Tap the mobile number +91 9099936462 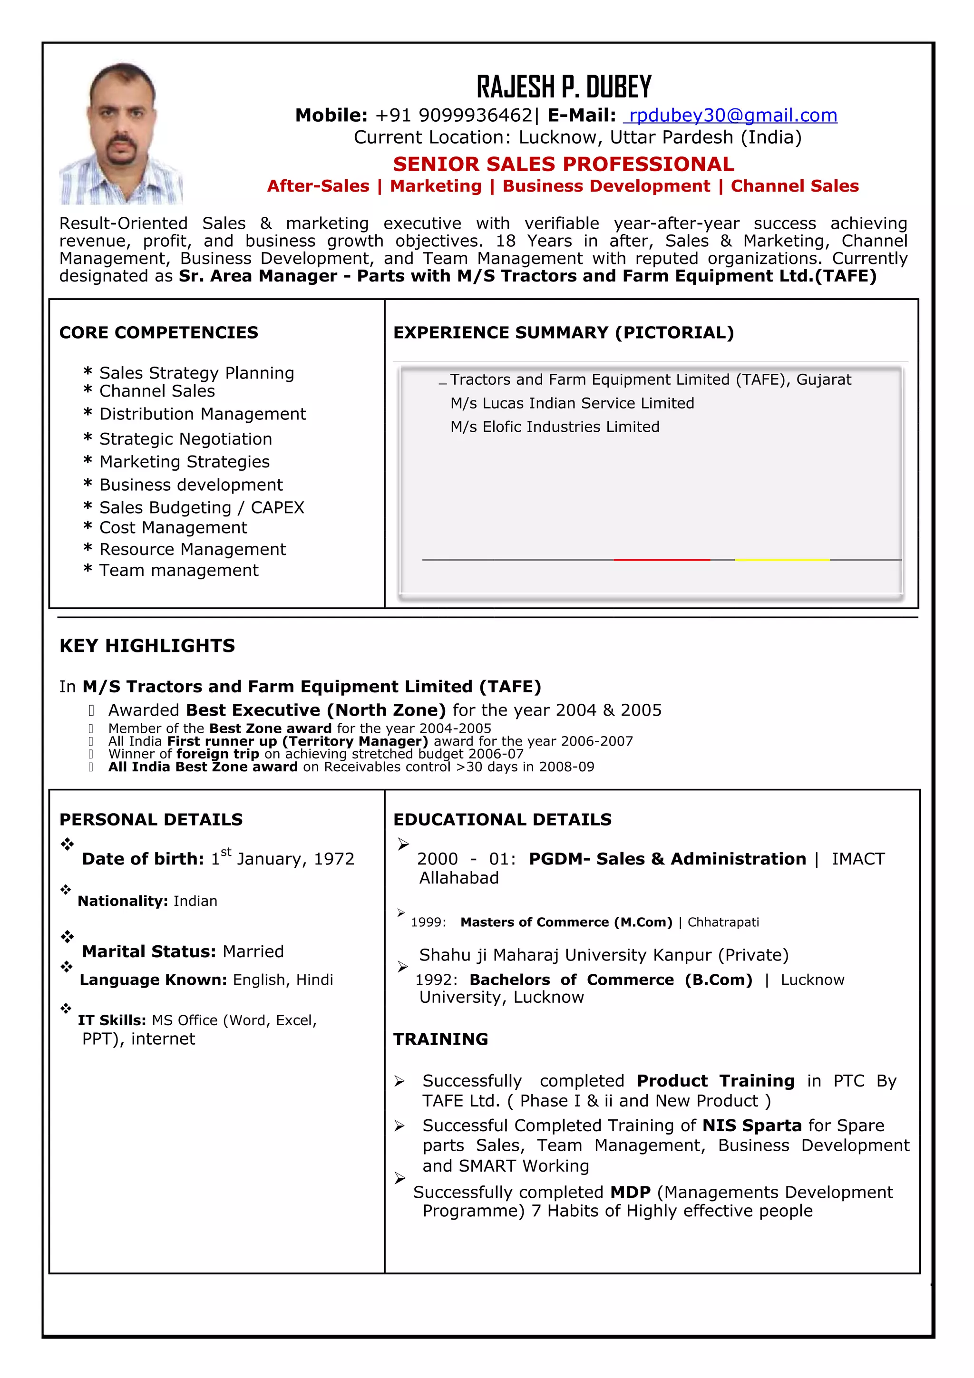pos(453,115)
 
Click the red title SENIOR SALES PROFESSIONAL pos(563,164)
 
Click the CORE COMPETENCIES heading pos(158,332)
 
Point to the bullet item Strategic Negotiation pos(185,439)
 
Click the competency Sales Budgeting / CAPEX pos(202,508)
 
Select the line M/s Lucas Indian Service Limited pos(572,403)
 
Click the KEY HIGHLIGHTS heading pos(147,646)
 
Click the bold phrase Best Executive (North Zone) pos(316,710)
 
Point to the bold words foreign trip pos(218,754)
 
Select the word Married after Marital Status pos(253,952)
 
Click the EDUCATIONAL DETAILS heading pos(502,820)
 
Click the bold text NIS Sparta pos(751,1126)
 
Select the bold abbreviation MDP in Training pos(630,1192)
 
